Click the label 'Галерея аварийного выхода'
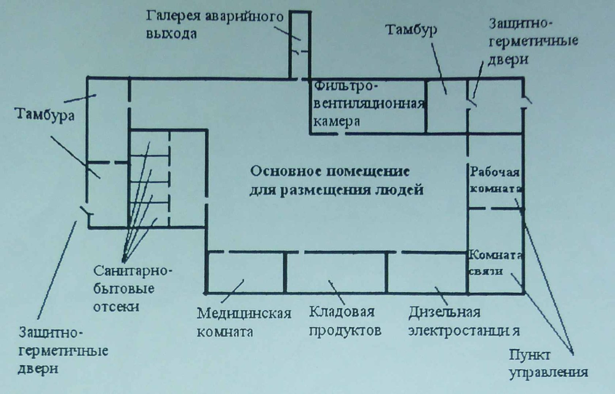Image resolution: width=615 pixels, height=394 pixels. (215, 25)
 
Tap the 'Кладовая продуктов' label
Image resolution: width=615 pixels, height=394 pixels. (345, 321)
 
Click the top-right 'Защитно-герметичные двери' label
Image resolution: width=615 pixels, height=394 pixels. (533, 42)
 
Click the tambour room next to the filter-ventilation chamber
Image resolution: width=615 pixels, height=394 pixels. (447, 107)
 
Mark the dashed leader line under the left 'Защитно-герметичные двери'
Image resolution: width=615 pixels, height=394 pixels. (57, 270)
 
